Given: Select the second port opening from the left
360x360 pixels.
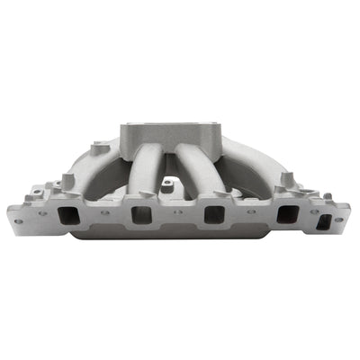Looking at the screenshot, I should pyautogui.click(x=141, y=215).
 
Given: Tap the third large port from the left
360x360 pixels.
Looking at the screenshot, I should pyautogui.click(x=213, y=215).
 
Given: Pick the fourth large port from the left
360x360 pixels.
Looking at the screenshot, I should pyautogui.click(x=287, y=215).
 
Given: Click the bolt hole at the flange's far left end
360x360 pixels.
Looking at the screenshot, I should pyautogui.click(x=17, y=220).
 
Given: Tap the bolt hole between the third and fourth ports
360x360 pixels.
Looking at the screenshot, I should pyautogui.click(x=251, y=214).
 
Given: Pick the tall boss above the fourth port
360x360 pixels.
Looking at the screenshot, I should pyautogui.click(x=286, y=180).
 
